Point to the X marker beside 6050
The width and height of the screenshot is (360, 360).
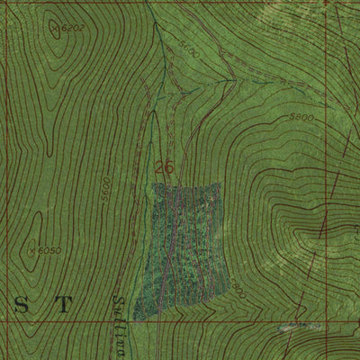[x=34, y=249]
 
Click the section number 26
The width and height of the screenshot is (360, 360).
[x=164, y=167]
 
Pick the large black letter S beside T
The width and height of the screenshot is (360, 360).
[x=21, y=305]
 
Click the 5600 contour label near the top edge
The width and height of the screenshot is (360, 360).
[x=188, y=50]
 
